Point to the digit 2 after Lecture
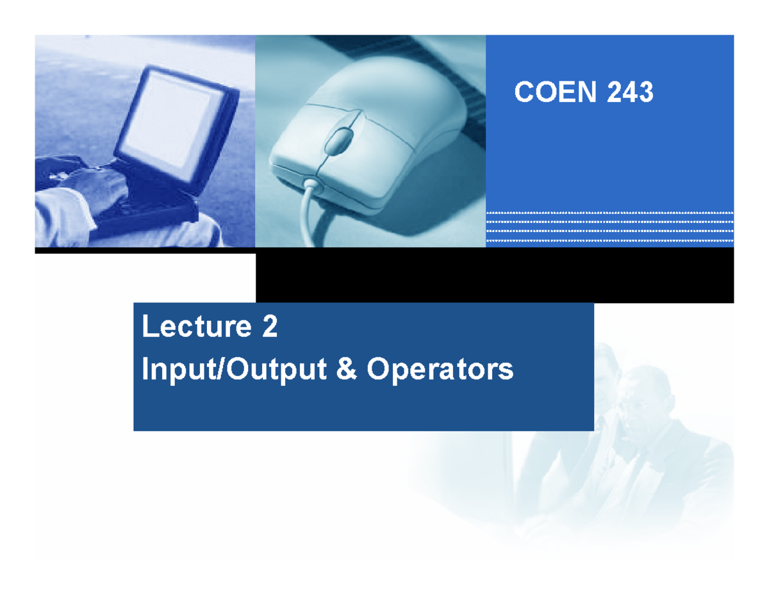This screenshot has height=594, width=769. [269, 328]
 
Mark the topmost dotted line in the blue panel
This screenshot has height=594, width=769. [609, 213]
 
